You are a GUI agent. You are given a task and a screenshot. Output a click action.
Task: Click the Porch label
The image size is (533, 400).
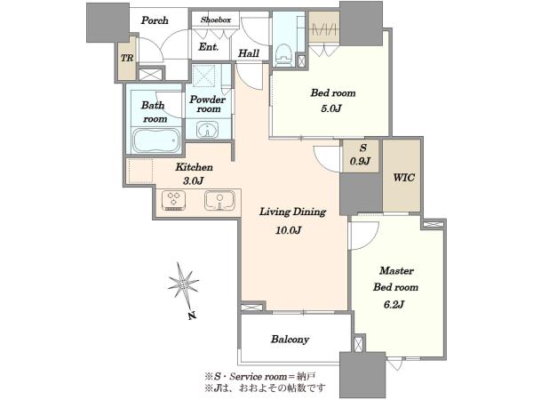click(155, 20)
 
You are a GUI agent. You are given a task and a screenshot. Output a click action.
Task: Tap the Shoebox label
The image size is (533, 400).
click(216, 20)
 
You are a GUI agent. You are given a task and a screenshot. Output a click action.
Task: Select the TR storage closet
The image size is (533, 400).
click(127, 58)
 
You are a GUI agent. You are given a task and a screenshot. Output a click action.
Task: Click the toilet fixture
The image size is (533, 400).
click(284, 55)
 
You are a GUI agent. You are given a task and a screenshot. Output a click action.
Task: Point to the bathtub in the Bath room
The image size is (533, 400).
click(155, 140)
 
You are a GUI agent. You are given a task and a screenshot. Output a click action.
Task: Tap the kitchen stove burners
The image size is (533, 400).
click(174, 200)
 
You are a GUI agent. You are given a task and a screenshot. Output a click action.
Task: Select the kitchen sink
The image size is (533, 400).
click(219, 200)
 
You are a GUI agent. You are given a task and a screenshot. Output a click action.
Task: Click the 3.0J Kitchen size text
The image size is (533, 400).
click(193, 181)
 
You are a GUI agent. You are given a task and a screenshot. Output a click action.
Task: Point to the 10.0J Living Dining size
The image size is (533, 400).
click(288, 230)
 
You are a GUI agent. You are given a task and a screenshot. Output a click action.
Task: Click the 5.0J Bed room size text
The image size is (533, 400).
click(330, 108)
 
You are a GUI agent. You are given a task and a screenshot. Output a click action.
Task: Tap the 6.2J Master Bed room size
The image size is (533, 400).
click(394, 304)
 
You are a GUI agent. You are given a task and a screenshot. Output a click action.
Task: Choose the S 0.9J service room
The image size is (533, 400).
click(361, 156)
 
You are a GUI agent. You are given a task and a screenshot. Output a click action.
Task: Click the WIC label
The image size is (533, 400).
click(404, 177)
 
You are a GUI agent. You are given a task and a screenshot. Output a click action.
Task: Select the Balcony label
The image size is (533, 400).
click(290, 340)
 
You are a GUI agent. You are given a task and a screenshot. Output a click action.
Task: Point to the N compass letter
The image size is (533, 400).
click(193, 316)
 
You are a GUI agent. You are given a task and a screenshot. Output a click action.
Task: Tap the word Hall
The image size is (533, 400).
click(249, 53)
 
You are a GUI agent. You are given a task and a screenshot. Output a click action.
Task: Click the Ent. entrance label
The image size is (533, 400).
click(209, 47)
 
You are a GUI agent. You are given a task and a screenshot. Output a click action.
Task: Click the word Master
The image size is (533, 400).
click(396, 271)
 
